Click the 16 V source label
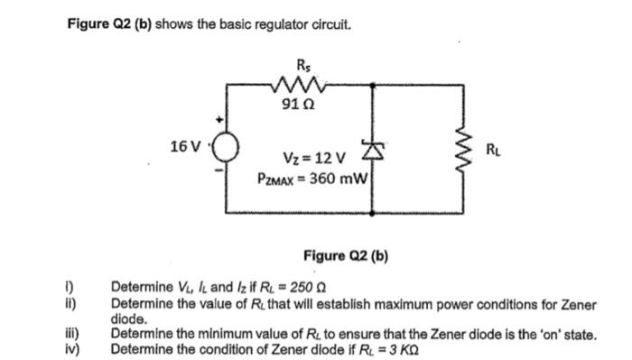point(187,145)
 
